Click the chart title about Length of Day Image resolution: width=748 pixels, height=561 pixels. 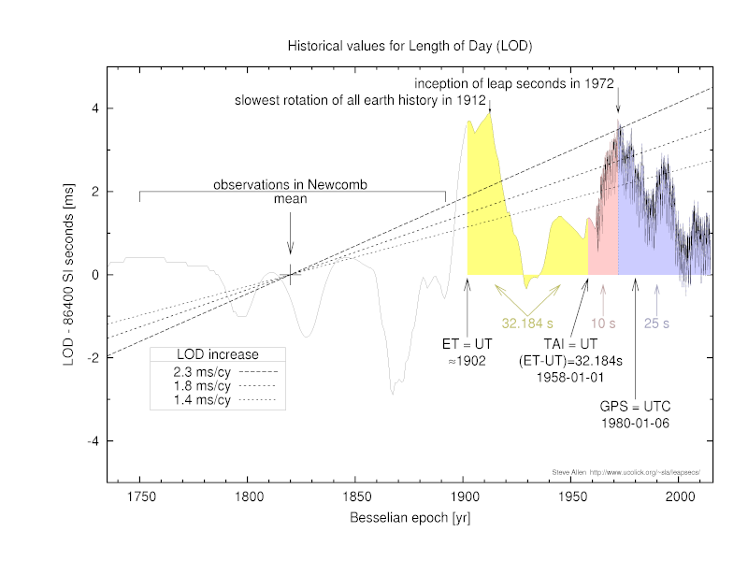pyautogui.click(x=410, y=45)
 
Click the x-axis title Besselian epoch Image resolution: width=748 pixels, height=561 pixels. pyautogui.click(x=410, y=518)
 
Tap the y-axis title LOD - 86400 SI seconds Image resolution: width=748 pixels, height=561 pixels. pyautogui.click(x=69, y=274)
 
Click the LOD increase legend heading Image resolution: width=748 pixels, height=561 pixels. pyautogui.click(x=217, y=354)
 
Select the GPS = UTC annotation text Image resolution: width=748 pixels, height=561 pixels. pyautogui.click(x=636, y=408)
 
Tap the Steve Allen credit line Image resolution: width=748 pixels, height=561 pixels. pyautogui.click(x=626, y=473)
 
